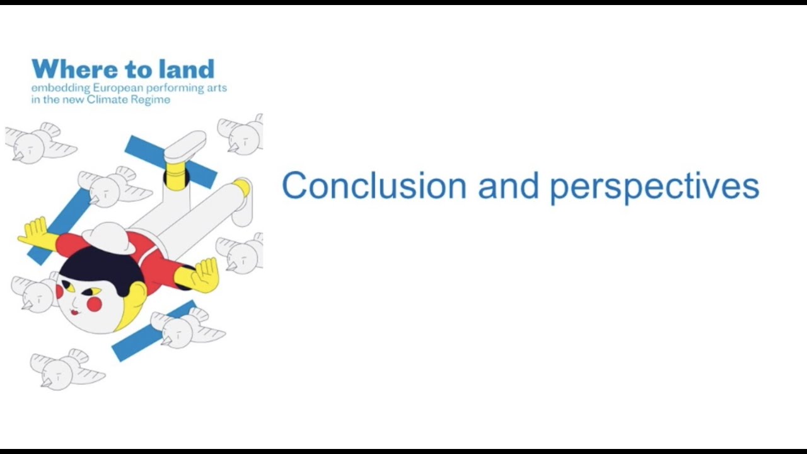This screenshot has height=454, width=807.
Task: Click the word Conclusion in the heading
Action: (x=374, y=187)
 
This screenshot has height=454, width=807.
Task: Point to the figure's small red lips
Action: (x=74, y=311)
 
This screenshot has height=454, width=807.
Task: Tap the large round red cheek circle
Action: (x=95, y=305)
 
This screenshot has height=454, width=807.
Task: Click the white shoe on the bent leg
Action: (x=185, y=147)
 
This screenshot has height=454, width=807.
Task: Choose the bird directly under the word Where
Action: (x=38, y=144)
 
